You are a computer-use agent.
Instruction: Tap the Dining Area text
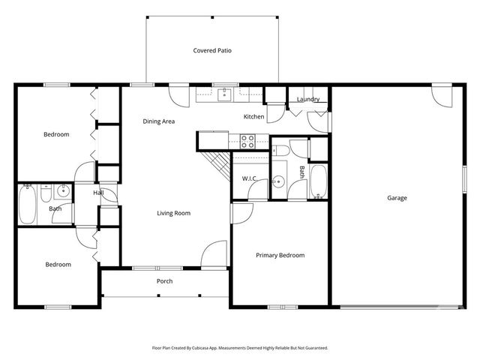159,121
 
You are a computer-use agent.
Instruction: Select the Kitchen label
253,117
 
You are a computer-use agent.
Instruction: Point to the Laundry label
308,99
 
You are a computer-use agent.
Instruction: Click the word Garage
397,198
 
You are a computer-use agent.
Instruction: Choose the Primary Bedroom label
280,255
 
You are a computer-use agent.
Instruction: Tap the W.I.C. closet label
250,178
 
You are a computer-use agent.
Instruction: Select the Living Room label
173,213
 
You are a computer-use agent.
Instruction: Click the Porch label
164,281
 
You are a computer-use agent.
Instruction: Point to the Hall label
98,193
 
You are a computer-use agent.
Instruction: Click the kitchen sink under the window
224,94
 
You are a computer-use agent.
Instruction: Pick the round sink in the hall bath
63,191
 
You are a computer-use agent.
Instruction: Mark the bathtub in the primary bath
319,183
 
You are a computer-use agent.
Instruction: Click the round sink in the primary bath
278,181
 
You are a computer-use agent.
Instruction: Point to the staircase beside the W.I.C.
217,165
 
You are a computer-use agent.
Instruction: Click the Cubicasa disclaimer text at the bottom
239,348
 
